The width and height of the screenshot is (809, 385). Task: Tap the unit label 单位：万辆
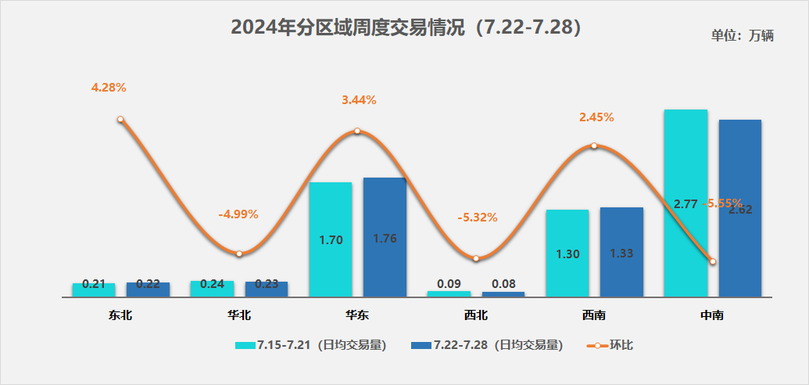click(742, 35)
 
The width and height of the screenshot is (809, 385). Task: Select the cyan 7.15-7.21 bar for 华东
click(331, 239)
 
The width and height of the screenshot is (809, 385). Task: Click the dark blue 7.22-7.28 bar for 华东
click(385, 237)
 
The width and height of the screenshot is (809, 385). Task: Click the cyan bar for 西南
click(567, 253)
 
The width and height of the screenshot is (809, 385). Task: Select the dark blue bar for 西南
click(621, 252)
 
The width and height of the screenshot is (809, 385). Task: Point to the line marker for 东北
click(120, 120)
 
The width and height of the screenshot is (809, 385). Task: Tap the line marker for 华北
click(239, 254)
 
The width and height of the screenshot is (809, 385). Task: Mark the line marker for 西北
click(475, 258)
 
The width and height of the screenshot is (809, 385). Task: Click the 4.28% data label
click(109, 88)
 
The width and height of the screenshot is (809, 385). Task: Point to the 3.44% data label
click(359, 100)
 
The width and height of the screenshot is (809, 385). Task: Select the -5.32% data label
click(478, 218)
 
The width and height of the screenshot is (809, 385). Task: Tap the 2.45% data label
click(596, 117)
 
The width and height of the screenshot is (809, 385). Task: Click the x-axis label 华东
click(357, 316)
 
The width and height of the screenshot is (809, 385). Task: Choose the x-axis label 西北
click(475, 316)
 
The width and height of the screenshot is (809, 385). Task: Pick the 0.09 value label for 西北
click(449, 284)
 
